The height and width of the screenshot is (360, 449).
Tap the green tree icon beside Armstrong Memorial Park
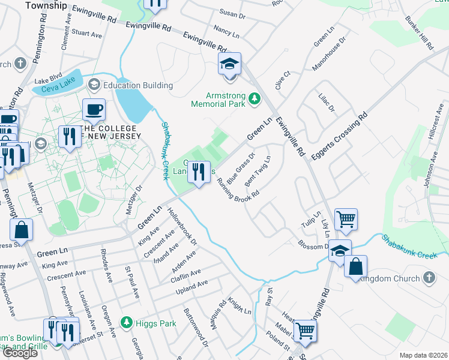[255, 98]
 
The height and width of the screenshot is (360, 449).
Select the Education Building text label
[137, 85]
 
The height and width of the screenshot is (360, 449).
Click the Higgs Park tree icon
[126, 323]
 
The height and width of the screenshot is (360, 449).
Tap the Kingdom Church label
[391, 278]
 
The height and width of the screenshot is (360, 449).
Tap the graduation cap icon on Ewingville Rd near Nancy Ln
[229, 64]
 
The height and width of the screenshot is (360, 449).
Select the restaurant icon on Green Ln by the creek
[199, 172]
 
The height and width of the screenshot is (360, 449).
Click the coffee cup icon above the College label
[94, 110]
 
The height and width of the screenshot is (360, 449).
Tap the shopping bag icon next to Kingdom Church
[355, 266]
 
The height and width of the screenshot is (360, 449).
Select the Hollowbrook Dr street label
[182, 227]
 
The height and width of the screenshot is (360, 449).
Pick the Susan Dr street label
[229, 12]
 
